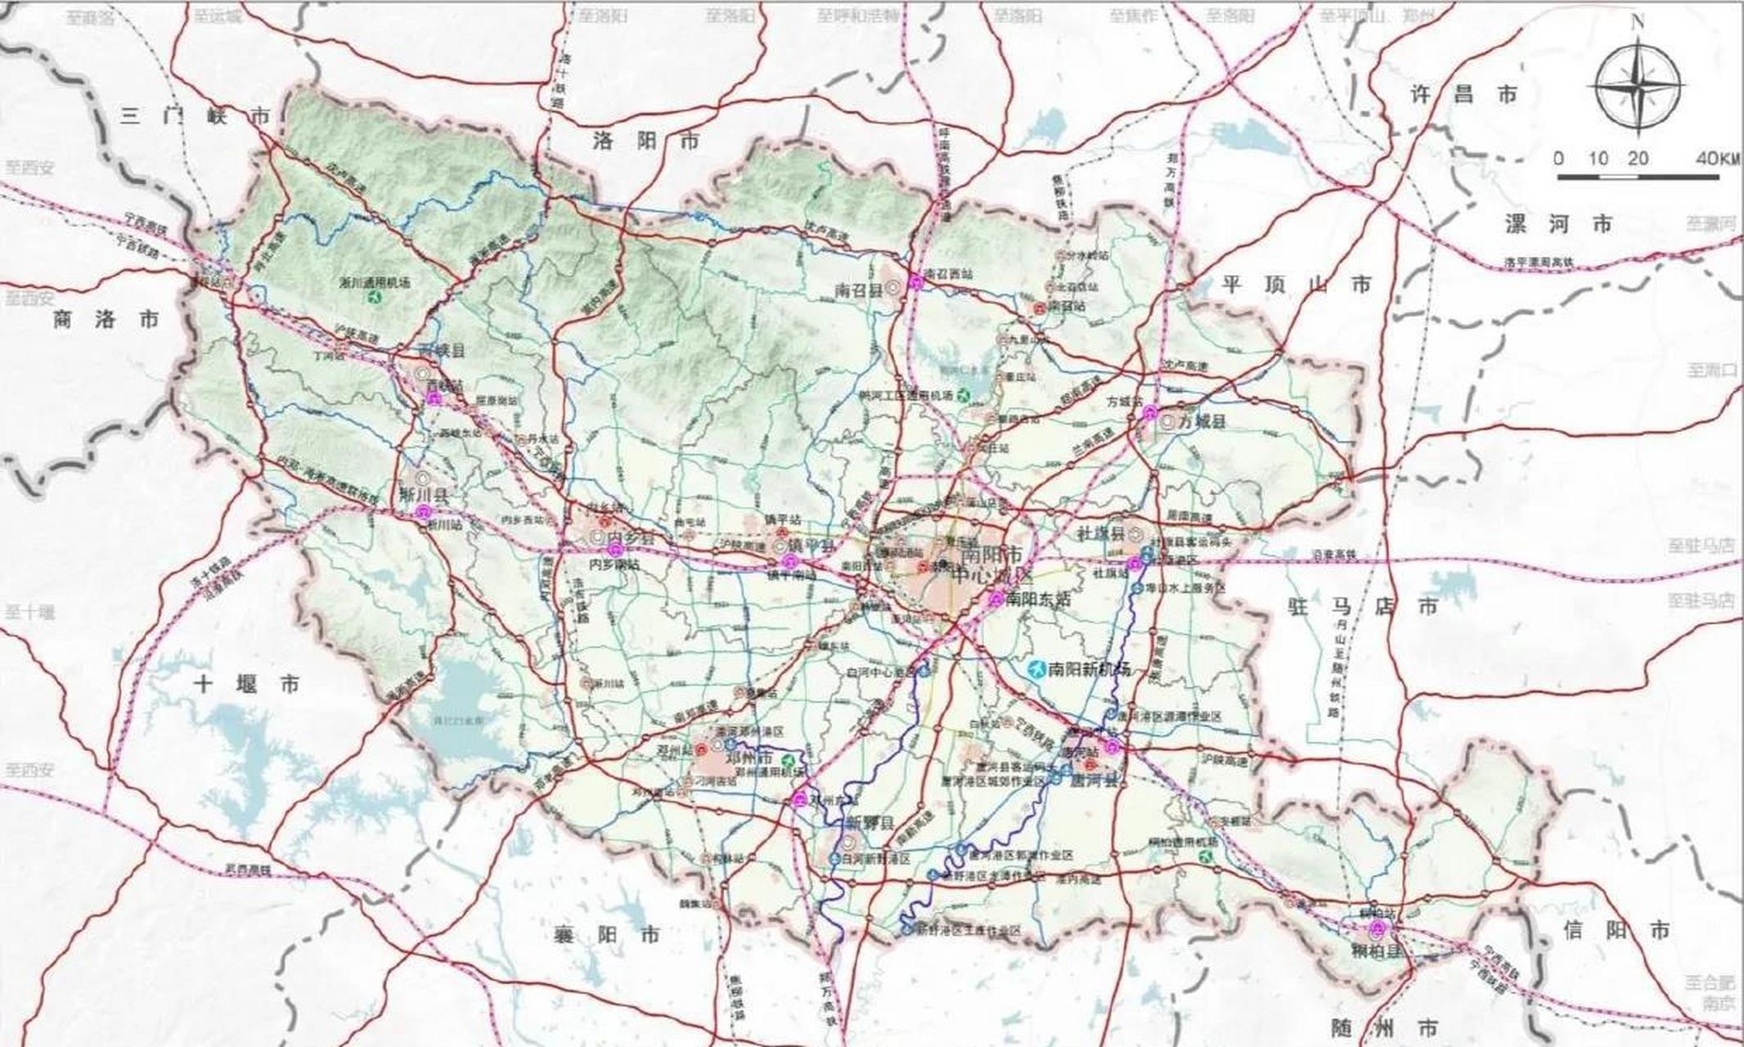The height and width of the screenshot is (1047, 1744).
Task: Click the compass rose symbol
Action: (x=1638, y=88)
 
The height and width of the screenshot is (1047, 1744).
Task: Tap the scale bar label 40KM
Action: (x=1719, y=159)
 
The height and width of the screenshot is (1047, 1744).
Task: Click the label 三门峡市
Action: (x=195, y=115)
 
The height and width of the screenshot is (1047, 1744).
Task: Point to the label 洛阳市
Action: (x=646, y=141)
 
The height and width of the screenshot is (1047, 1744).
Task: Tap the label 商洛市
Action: (x=106, y=320)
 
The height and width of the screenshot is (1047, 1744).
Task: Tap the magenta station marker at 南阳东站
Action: (x=996, y=599)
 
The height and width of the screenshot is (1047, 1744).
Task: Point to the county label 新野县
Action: (x=868, y=822)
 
